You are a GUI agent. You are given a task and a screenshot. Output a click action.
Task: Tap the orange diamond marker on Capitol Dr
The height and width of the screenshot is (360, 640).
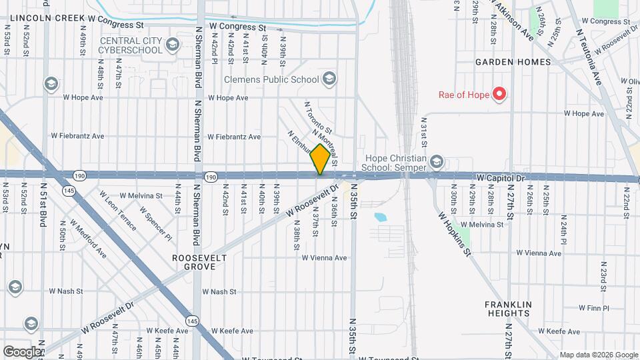321,159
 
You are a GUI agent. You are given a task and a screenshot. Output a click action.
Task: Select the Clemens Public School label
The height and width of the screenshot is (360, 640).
271,80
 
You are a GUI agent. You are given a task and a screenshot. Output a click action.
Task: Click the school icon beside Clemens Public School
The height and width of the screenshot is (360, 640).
329,80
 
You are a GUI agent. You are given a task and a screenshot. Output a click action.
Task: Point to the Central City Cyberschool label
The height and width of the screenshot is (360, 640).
131,45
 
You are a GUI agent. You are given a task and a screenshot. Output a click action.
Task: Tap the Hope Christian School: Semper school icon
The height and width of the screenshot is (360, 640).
436,162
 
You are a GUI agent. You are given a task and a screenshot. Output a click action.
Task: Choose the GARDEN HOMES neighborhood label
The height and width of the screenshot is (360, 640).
513,62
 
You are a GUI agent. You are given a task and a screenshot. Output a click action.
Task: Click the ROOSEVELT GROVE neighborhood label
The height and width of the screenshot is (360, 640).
199,262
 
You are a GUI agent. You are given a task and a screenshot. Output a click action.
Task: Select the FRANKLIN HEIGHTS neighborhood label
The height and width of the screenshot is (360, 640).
508,309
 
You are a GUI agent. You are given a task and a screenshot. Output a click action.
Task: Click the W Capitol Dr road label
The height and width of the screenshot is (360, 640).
501,179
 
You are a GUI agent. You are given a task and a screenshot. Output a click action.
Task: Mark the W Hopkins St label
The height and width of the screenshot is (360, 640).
455,234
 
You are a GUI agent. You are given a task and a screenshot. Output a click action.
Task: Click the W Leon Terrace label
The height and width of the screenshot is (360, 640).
119,211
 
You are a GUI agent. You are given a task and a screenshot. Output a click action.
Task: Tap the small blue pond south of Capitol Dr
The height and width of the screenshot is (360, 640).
381,217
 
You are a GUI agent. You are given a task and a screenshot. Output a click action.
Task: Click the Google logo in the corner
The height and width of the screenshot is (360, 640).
22,351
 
